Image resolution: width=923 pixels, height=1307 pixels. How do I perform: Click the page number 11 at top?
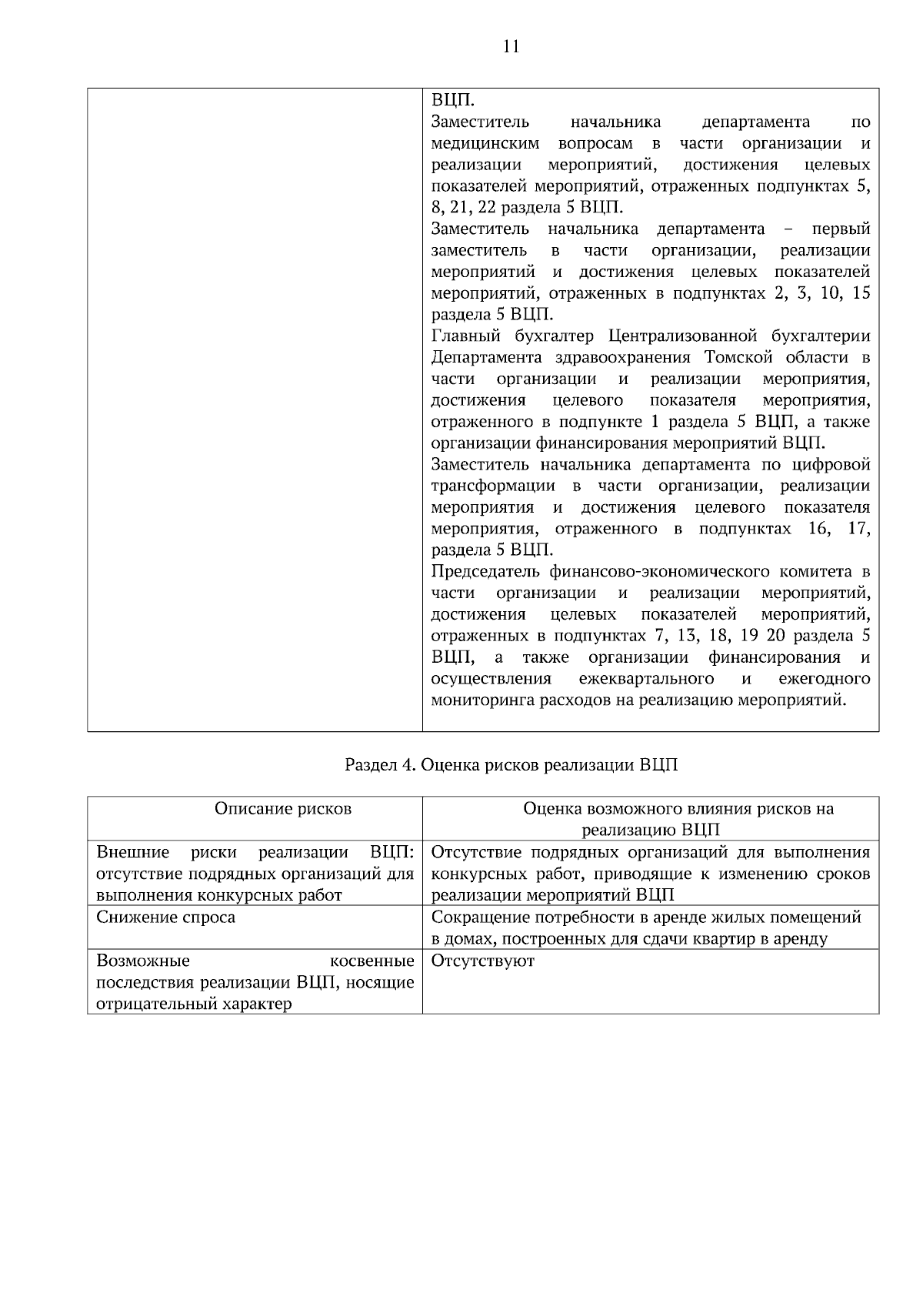511,47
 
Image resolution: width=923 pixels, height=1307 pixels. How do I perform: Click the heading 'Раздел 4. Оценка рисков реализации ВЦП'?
511,766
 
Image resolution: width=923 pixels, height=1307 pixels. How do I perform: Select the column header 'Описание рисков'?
282,808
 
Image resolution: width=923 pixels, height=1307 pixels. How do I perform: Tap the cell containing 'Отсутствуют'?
482,961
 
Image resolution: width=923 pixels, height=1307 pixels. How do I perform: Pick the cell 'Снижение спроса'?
165,918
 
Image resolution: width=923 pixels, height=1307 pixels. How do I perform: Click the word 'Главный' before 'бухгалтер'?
459,336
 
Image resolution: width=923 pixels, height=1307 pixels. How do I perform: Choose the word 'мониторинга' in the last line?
475,700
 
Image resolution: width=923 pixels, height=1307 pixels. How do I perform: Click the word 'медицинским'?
485,143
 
